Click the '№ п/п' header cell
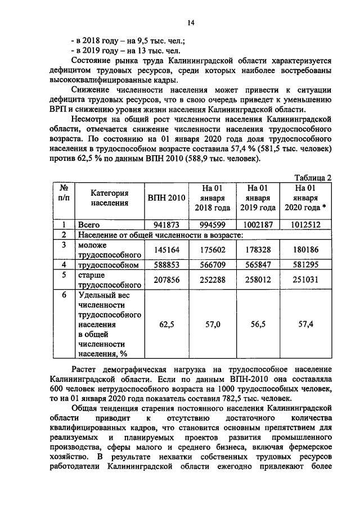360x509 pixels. click(x=64, y=193)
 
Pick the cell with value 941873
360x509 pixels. click(x=166, y=224)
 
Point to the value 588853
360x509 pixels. click(x=166, y=264)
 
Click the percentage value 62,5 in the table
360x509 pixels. click(x=166, y=324)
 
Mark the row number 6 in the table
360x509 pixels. click(x=64, y=294)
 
